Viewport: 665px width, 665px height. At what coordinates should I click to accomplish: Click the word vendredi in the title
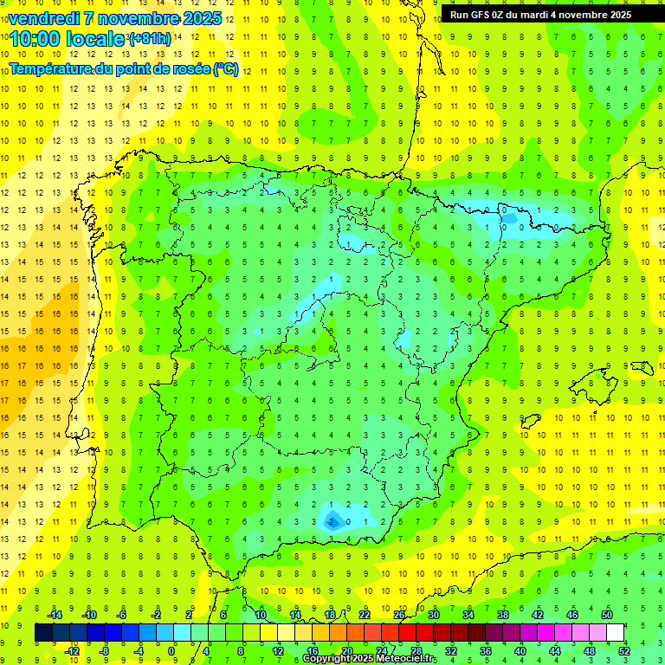[x=46, y=18]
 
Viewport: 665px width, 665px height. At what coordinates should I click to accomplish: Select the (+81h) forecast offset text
[x=150, y=39]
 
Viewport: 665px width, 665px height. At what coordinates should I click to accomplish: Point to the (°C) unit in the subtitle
[x=226, y=68]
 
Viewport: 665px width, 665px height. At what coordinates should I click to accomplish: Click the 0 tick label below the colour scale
[x=171, y=651]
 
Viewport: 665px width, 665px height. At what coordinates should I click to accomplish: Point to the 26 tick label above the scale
[x=399, y=615]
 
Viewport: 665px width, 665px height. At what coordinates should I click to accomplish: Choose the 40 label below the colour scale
[x=520, y=651]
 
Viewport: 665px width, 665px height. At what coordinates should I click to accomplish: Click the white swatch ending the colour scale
[x=616, y=633]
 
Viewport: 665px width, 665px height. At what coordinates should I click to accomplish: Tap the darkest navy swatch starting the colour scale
[x=43, y=633]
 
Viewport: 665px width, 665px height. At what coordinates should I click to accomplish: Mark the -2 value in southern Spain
[x=330, y=522]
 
